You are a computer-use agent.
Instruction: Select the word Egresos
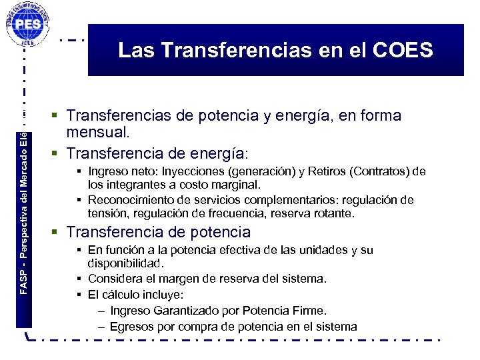pyautogui.click(x=132, y=327)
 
